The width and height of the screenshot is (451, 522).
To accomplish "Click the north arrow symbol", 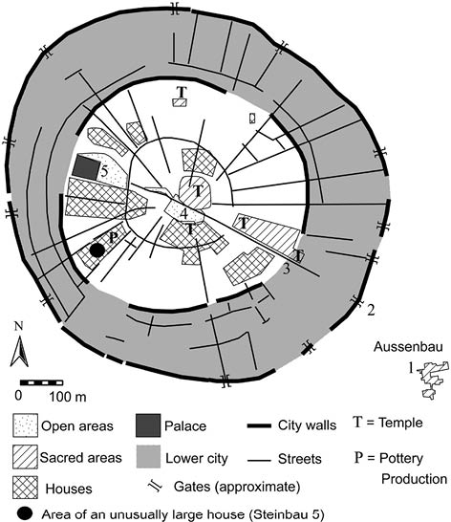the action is point(19,351).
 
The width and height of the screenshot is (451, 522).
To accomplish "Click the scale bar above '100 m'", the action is point(42,382).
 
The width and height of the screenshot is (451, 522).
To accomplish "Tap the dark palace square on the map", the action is point(86,167).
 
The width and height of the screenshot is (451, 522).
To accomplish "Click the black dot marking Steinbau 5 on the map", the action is point(97,250).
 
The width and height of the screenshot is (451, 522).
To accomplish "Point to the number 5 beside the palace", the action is point(104,172).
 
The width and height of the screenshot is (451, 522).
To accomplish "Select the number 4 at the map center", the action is point(184,214).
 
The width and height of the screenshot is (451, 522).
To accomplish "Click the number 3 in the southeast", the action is point(287,269).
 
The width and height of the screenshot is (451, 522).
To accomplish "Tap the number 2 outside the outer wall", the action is point(371,310).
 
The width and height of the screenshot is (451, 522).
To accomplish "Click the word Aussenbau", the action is point(408,346).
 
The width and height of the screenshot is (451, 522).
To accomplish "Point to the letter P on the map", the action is point(114,237).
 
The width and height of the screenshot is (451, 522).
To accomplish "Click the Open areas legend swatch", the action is point(25,425).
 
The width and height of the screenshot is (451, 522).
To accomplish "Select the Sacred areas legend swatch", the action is point(25,457).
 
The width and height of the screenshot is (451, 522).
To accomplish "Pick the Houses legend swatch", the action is point(25,488).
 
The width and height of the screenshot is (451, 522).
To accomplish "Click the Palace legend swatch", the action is point(148,425).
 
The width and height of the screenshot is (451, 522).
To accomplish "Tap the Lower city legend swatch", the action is point(148,457).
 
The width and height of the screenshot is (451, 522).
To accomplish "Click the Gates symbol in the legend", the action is point(156,487).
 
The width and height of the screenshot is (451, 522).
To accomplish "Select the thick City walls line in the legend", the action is point(259,425).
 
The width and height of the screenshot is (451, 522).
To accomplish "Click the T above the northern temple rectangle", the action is point(182,92).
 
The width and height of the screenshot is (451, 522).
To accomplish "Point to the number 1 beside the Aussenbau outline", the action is point(412,368).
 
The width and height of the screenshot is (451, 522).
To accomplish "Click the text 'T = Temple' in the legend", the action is point(388,423).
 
